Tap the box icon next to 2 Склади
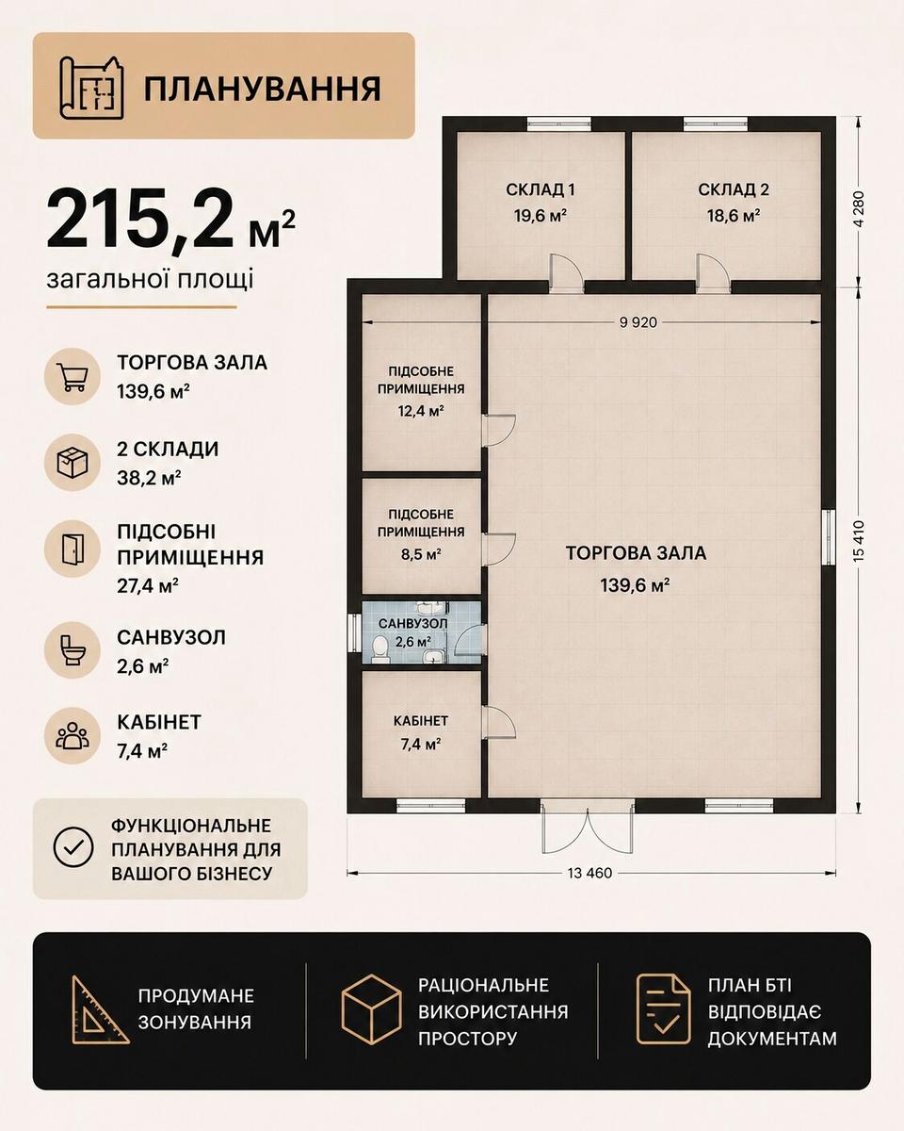point(73,463)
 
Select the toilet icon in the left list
point(73,650)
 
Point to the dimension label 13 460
point(589,873)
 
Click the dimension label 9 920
point(638,322)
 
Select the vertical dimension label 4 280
point(860,208)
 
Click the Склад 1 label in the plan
point(540,189)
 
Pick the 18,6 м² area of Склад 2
point(734,215)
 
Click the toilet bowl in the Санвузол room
point(379,648)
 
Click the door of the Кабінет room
point(499,722)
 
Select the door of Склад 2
point(713,271)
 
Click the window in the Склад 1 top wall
point(559,123)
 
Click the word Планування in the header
point(262,89)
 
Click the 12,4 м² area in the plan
point(421,411)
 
